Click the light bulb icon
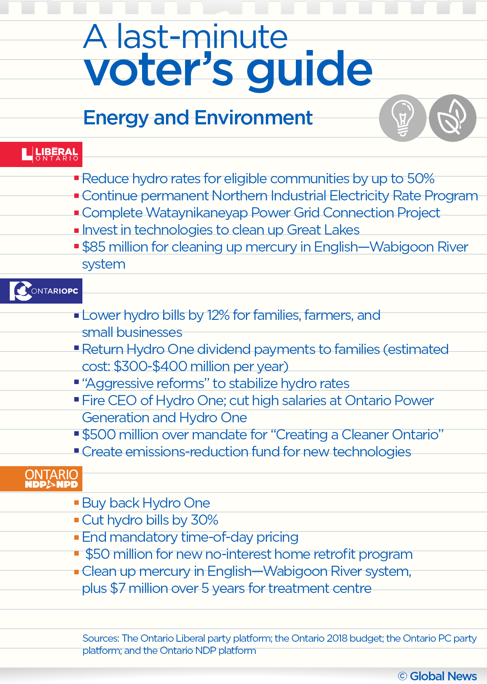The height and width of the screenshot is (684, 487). (403, 118)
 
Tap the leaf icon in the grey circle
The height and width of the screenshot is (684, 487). (453, 118)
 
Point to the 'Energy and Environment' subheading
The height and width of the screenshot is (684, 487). (198, 118)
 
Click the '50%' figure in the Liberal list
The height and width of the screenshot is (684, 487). (420, 179)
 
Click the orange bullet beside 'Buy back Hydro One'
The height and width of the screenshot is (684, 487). (76, 503)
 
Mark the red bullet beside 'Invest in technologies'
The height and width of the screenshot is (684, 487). (76, 230)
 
